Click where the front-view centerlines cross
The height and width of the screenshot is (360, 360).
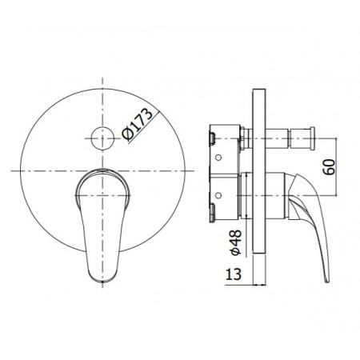click(102, 170)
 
